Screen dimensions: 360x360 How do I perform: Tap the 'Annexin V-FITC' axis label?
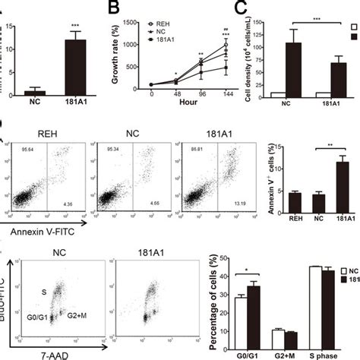pos(39,226)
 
